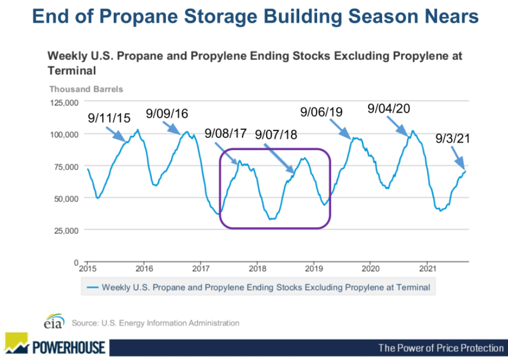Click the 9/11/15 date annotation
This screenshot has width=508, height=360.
tap(109, 118)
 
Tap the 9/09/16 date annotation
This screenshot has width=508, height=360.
tap(167, 114)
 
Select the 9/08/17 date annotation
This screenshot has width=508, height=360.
tap(226, 134)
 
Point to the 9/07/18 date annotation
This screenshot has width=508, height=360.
tap(276, 134)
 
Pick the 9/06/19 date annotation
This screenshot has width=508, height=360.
tap(321, 111)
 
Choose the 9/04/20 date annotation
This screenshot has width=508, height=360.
tap(389, 109)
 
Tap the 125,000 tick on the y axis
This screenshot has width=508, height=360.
tap(62, 103)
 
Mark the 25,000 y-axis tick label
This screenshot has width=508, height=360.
tap(64, 230)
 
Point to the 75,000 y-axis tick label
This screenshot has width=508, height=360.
tap(64, 166)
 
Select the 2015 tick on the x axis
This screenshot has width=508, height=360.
tap(87, 269)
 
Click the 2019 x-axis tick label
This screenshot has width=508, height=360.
tap(314, 269)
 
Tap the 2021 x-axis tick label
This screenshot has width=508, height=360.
tap(427, 269)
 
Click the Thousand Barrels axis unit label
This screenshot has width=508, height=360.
tap(86, 89)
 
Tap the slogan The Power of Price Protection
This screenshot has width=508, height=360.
tap(441, 348)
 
